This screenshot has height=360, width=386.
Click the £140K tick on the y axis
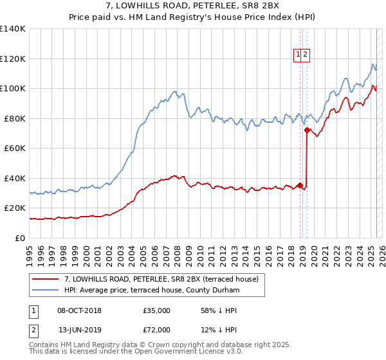(x=13, y=29)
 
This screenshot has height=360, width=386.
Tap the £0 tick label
(x=20, y=238)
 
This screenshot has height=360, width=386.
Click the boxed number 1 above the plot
(x=299, y=55)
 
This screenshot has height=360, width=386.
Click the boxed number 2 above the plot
(x=306, y=55)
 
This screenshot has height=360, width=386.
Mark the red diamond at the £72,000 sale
(x=308, y=130)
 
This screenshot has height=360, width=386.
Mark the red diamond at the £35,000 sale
(x=300, y=186)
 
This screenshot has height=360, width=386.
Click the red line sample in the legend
(x=45, y=279)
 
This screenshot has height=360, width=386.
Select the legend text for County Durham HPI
(x=152, y=291)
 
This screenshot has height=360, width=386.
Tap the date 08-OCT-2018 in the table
(x=79, y=310)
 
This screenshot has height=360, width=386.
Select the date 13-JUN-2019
(x=79, y=331)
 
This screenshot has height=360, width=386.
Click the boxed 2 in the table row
(x=33, y=331)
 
